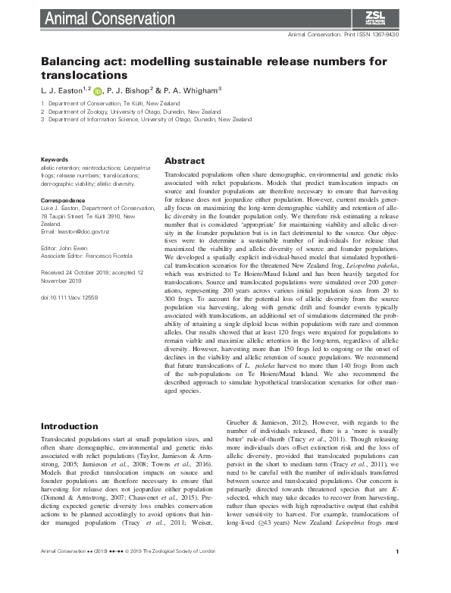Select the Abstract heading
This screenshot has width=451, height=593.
[184, 162]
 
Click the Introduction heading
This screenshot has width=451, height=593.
[70, 426]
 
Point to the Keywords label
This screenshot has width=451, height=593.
[55, 159]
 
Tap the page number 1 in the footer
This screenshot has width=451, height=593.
[409, 573]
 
